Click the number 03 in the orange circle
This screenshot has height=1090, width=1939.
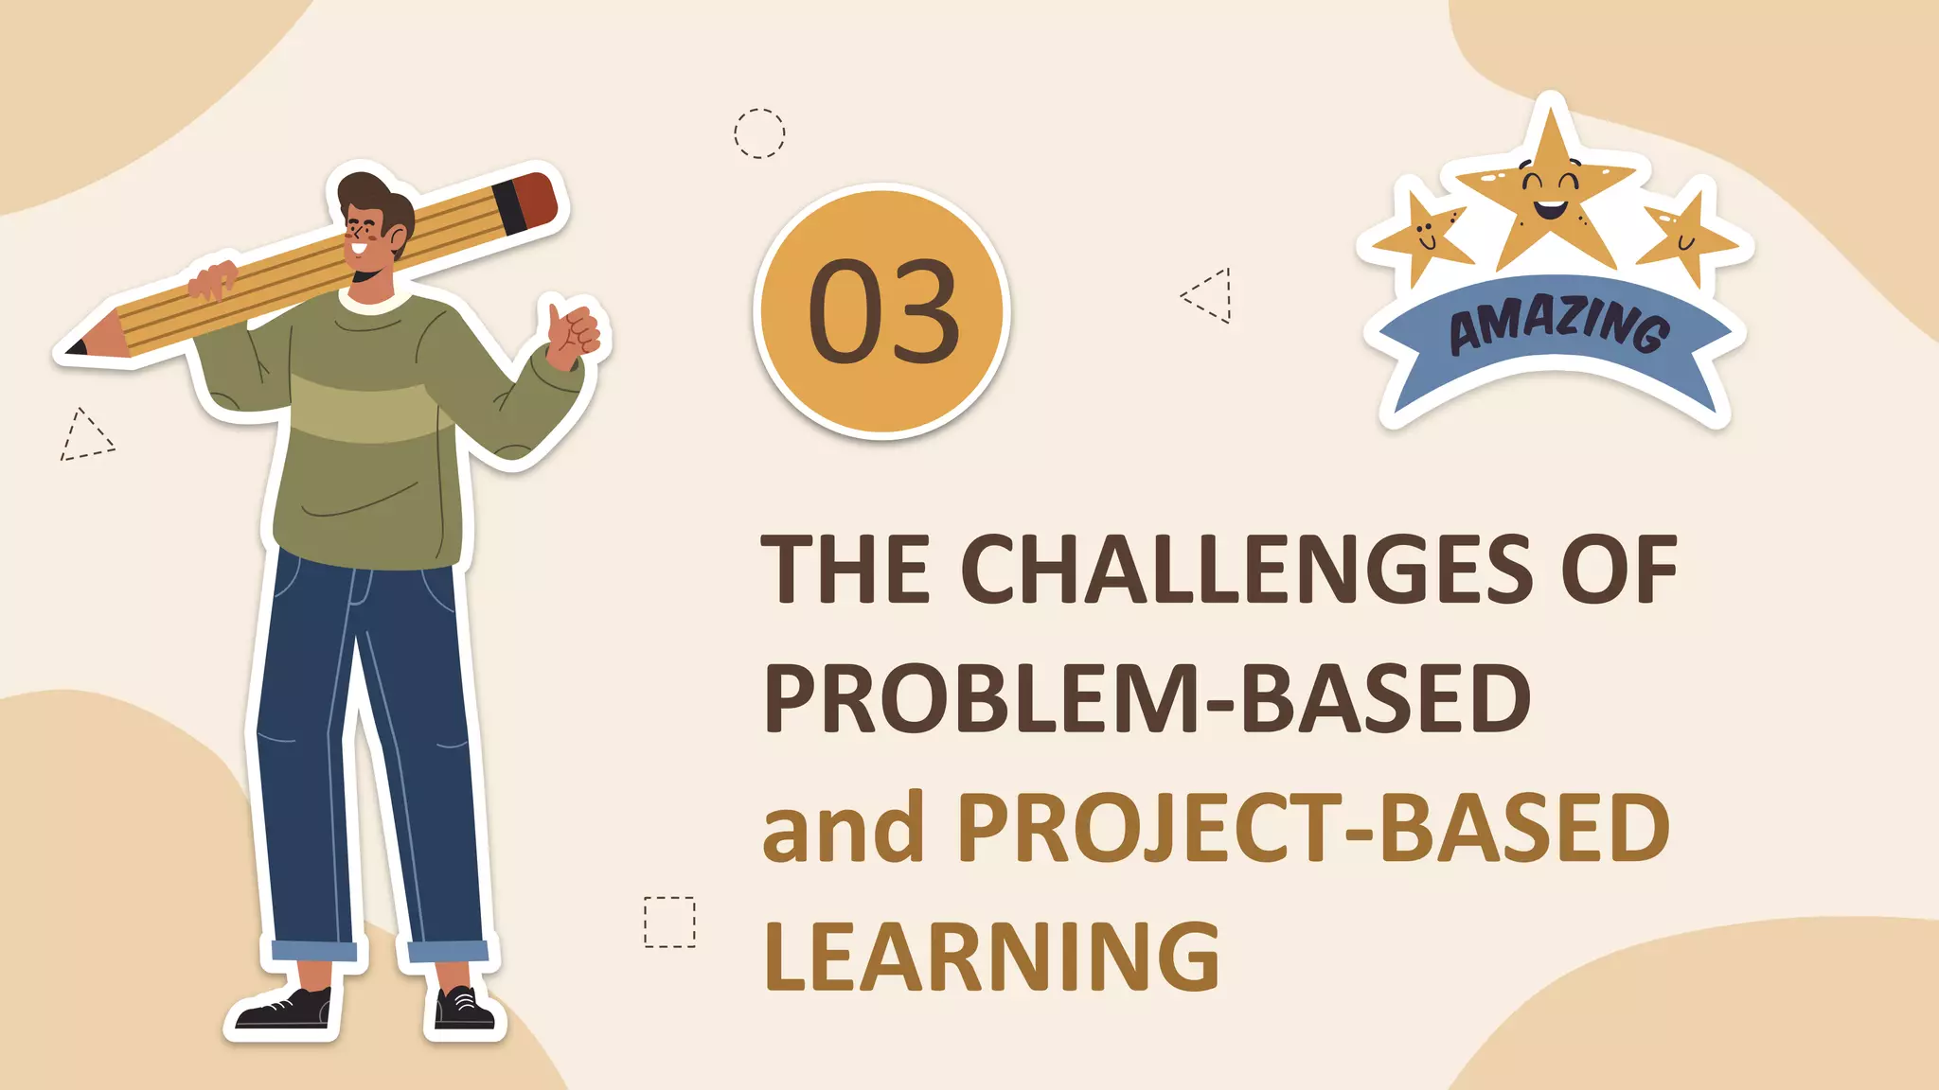[883, 311]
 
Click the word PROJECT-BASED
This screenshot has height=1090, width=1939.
[1313, 828]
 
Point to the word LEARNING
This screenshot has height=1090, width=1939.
[991, 957]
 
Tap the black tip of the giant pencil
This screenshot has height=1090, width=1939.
[76, 346]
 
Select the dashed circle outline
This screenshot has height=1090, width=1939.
[759, 133]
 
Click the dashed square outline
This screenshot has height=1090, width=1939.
[669, 922]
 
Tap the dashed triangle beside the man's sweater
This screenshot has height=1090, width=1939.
[85, 438]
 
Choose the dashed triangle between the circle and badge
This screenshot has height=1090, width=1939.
[1211, 295]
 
